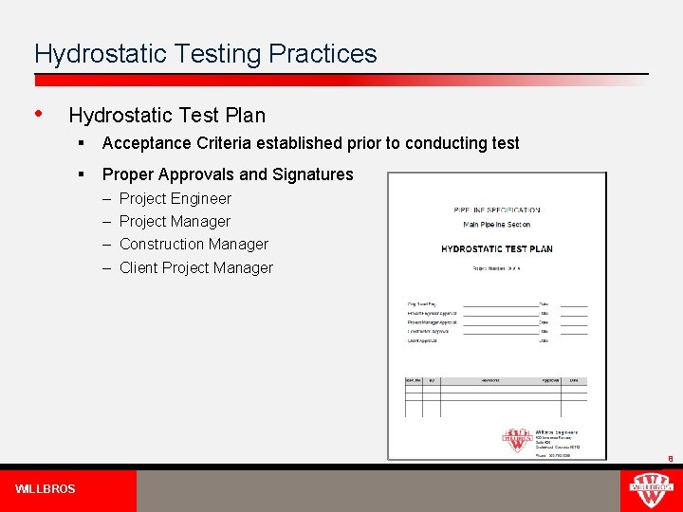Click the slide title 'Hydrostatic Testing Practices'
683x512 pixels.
coord(205,54)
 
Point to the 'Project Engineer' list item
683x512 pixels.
coord(175,199)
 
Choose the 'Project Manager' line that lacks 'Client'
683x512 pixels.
coord(175,222)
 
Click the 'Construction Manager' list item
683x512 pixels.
coord(194,245)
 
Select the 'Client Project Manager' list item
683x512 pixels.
coord(195,268)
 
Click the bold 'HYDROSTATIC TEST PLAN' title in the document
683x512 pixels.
coord(496,248)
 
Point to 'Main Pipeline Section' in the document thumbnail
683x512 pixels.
coord(496,225)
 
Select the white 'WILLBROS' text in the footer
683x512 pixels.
coord(46,489)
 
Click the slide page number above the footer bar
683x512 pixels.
coord(670,459)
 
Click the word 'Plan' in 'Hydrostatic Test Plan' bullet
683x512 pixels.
coord(246,116)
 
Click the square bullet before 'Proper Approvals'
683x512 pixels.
coord(83,174)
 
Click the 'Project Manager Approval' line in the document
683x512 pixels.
coord(433,322)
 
